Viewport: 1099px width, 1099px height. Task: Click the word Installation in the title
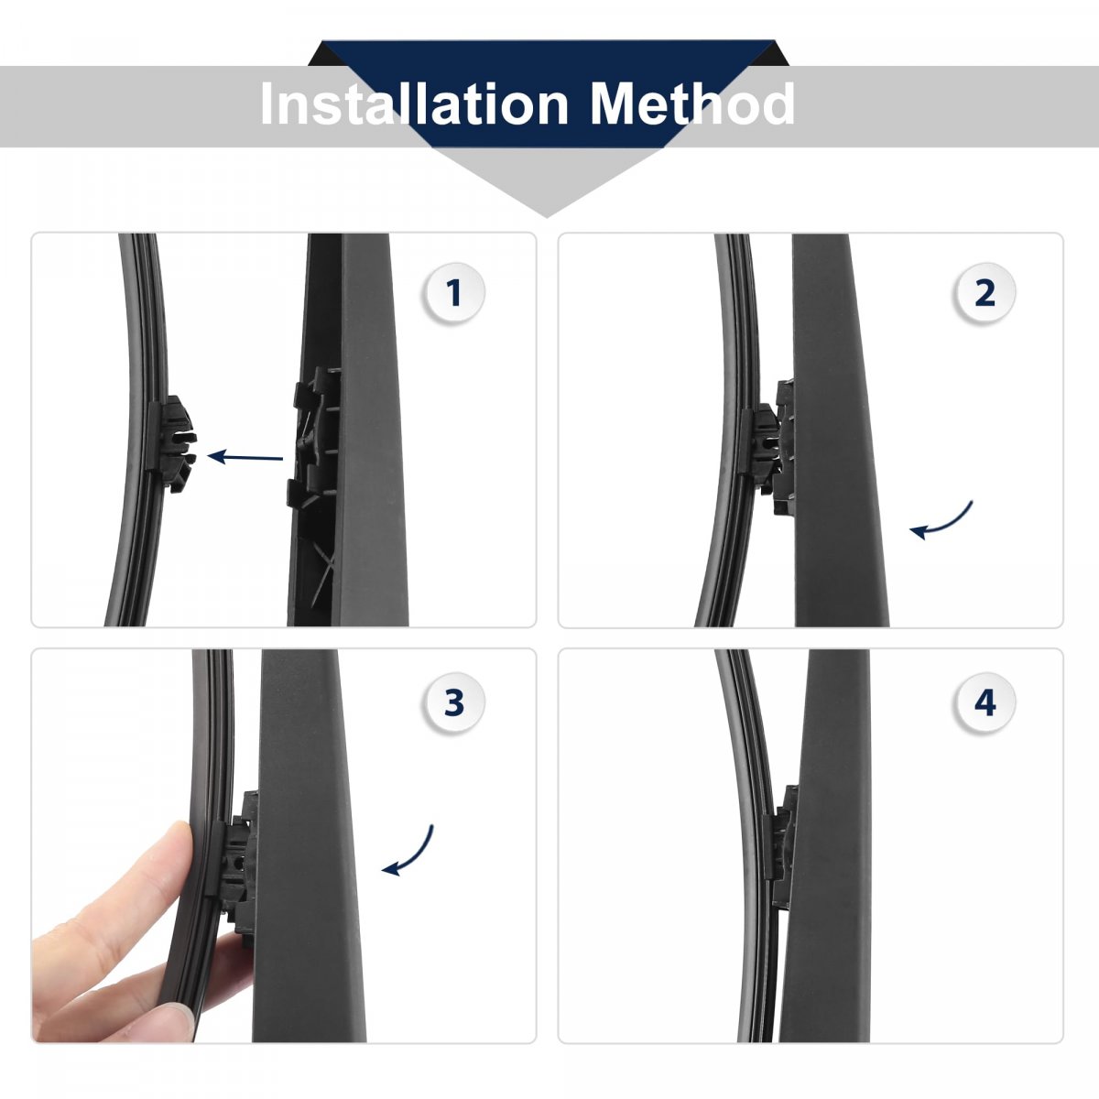pos(415,103)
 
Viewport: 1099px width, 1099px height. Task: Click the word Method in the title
pos(692,103)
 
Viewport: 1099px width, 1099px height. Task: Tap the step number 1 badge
pos(454,293)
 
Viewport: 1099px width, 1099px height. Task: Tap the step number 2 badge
pos(985,293)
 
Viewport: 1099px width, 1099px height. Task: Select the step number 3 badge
pos(454,702)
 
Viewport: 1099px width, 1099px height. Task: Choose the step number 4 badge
pos(985,702)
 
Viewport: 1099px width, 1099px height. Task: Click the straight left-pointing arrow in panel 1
pos(245,457)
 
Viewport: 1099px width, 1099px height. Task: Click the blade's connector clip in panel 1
pos(172,443)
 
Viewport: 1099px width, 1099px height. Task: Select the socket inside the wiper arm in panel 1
pos(314,440)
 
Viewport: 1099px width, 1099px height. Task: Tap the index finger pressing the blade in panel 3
pos(114,889)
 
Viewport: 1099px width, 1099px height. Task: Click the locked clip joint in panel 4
pos(780,835)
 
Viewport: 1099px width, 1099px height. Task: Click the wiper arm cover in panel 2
pos(838,430)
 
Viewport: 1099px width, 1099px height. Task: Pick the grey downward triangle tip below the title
pos(547,217)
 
